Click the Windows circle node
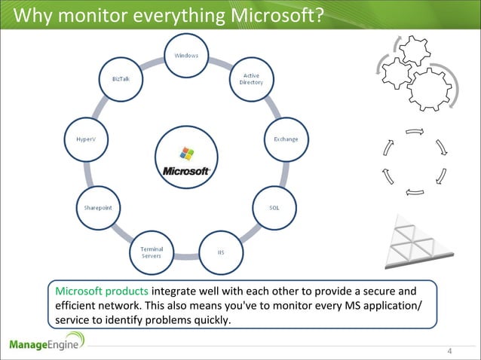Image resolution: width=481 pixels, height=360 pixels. pyautogui.click(x=187, y=56)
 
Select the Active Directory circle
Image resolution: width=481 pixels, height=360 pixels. pyautogui.click(x=252, y=79)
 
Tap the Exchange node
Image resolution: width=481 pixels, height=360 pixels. pyautogui.click(x=285, y=139)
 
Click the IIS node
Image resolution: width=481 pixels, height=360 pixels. pyautogui.click(x=221, y=252)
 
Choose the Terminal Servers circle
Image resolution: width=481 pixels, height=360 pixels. pyautogui.click(x=152, y=252)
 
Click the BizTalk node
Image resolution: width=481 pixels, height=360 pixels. pyautogui.click(x=121, y=79)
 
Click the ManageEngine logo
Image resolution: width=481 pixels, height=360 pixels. pyautogui.click(x=47, y=344)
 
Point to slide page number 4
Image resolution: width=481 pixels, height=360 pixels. pyautogui.click(x=449, y=351)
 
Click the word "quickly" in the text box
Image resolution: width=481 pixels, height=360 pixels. pyautogui.click(x=207, y=320)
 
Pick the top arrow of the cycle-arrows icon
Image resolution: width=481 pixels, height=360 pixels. pyautogui.click(x=414, y=133)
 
